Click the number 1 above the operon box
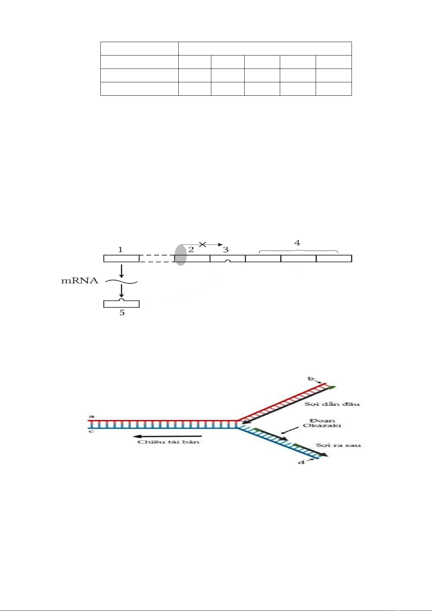point(120,249)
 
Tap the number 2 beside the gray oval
point(191,249)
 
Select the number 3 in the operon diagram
point(226,249)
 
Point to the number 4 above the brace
point(297,243)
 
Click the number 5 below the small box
point(122,313)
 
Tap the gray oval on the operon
point(180,255)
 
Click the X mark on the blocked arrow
point(203,244)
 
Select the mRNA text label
point(80,281)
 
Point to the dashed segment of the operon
point(157,258)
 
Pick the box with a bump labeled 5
point(121,303)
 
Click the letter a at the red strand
point(92,416)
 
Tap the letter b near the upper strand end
point(311,379)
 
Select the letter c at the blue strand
point(92,431)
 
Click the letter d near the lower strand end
point(302,462)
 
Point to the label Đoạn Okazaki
point(322,423)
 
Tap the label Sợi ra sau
point(338,445)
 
